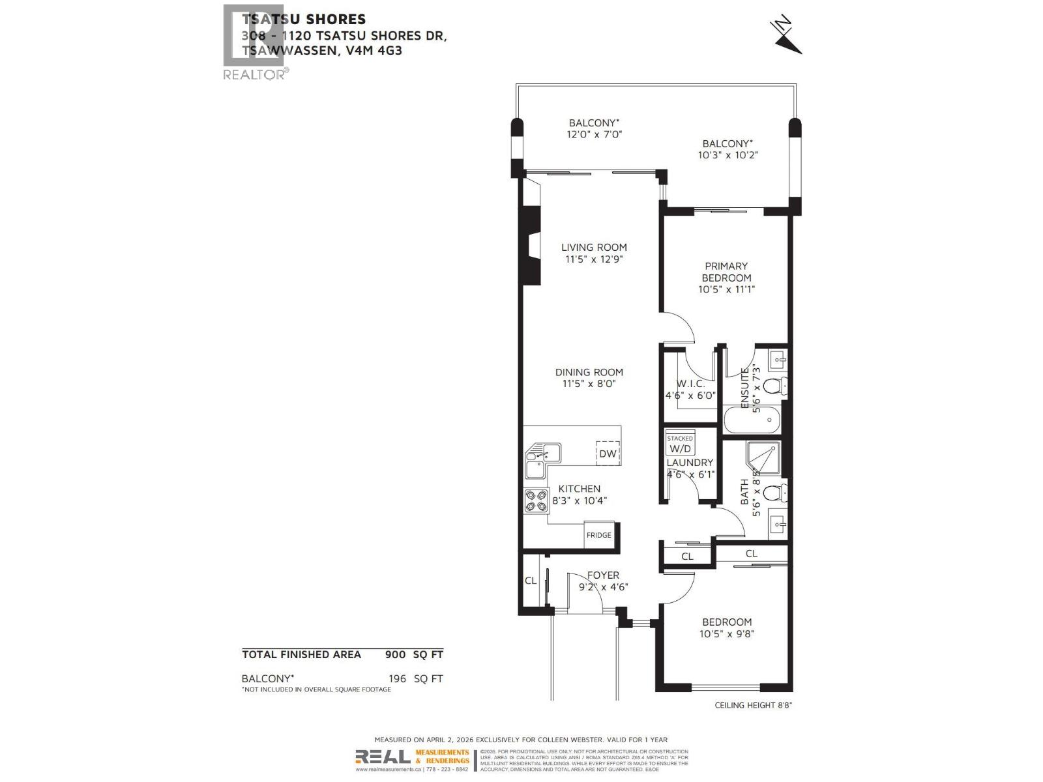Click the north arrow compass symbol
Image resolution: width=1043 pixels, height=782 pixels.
pyautogui.click(x=787, y=36)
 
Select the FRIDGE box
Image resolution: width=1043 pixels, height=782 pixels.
pyautogui.click(x=599, y=535)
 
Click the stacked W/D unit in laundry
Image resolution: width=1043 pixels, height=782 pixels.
pyautogui.click(x=680, y=444)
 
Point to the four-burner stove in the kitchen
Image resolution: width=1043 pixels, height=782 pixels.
pyautogui.click(x=536, y=500)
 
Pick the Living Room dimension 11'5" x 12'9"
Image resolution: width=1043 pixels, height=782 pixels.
pyautogui.click(x=595, y=259)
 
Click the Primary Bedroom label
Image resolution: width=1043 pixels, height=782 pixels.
pyautogui.click(x=726, y=272)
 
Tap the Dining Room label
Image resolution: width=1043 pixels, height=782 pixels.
pyautogui.click(x=589, y=372)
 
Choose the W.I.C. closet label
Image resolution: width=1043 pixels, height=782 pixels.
pyautogui.click(x=690, y=384)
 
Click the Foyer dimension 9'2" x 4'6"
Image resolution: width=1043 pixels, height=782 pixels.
pyautogui.click(x=603, y=587)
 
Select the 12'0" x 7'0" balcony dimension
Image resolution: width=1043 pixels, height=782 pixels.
pyautogui.click(x=594, y=135)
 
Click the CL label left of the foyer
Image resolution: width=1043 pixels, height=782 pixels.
pyautogui.click(x=531, y=580)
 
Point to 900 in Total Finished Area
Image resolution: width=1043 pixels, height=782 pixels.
pyautogui.click(x=395, y=655)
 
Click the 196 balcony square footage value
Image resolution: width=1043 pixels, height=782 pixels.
pyautogui.click(x=397, y=678)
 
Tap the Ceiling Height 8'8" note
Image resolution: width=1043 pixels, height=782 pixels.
pyautogui.click(x=753, y=705)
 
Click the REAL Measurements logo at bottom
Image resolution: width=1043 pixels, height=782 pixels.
pyautogui.click(x=412, y=757)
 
